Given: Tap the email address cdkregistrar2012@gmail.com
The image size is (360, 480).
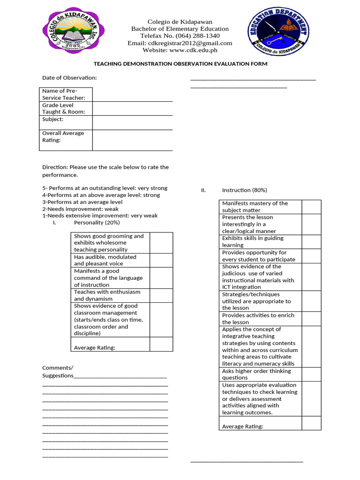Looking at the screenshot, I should pyautogui.click(x=180, y=43).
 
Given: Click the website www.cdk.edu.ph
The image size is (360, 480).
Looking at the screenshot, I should pyautogui.click(x=180, y=50).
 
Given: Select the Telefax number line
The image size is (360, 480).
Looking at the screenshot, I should pyautogui.click(x=180, y=36).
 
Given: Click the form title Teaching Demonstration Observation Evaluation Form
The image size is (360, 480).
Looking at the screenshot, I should pyautogui.click(x=180, y=64).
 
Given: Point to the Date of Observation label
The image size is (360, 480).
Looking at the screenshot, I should pyautogui.click(x=69, y=78).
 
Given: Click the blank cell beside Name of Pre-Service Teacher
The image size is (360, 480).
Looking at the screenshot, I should pyautogui.click(x=132, y=94).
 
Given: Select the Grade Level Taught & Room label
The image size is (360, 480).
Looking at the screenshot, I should pyautogui.click(x=64, y=108).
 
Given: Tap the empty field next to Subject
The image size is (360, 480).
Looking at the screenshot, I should pyautogui.click(x=132, y=122).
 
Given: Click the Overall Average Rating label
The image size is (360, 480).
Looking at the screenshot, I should pyautogui.click(x=63, y=136).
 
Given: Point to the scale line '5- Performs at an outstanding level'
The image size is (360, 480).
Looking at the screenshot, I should pyautogui.click(x=105, y=188).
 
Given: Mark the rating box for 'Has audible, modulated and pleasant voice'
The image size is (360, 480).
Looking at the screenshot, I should pyautogui.click(x=161, y=260).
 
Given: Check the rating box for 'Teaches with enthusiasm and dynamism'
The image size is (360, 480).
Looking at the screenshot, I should pyautogui.click(x=161, y=295).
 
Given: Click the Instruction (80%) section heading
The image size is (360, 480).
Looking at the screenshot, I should pyautogui.click(x=244, y=190).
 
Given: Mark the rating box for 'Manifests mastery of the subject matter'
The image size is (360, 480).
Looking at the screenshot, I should pyautogui.click(x=311, y=207).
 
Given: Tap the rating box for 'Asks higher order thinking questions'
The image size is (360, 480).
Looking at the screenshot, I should pyautogui.click(x=311, y=374).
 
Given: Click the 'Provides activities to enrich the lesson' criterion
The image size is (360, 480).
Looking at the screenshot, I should pyautogui.click(x=258, y=319).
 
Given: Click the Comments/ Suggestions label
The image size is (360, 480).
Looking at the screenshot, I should pyautogui.click(x=58, y=371).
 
